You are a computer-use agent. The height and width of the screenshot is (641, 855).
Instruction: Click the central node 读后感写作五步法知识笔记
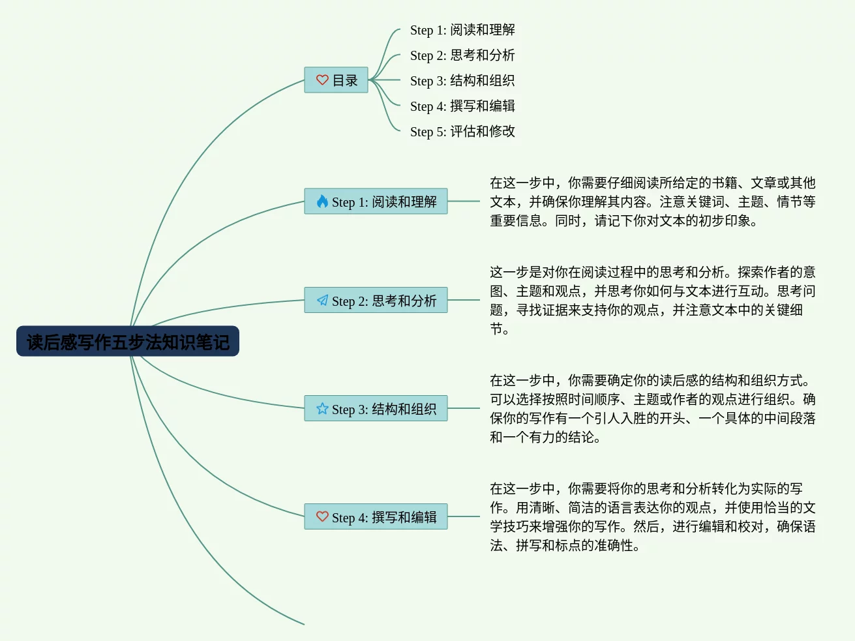point(128,342)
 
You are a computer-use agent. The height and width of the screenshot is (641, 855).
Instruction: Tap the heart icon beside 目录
point(322,80)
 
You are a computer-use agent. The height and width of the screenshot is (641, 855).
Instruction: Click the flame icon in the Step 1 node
point(322,201)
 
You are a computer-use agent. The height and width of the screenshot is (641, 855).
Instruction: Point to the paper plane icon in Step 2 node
point(322,300)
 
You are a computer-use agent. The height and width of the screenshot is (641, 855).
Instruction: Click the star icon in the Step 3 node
point(322,408)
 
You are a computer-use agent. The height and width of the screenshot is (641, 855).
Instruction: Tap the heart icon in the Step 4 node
point(322,516)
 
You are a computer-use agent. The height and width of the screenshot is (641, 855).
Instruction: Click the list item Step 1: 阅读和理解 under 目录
point(462,30)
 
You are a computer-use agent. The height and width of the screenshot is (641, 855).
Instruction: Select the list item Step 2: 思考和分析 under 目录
point(462,55)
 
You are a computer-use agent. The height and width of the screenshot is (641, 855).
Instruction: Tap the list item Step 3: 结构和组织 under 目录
point(462,81)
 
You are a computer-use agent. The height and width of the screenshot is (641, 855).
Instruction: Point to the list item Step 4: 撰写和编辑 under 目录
point(462,106)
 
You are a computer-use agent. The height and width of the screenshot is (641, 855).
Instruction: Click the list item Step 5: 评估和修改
point(462,132)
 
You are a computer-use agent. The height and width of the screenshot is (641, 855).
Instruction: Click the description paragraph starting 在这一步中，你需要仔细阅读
point(652,201)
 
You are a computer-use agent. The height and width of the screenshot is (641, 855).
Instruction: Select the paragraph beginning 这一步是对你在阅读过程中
point(652,301)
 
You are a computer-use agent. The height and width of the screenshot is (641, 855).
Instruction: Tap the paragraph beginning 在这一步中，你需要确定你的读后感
point(652,409)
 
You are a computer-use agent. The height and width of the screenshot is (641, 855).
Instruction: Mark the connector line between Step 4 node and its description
point(464,516)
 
